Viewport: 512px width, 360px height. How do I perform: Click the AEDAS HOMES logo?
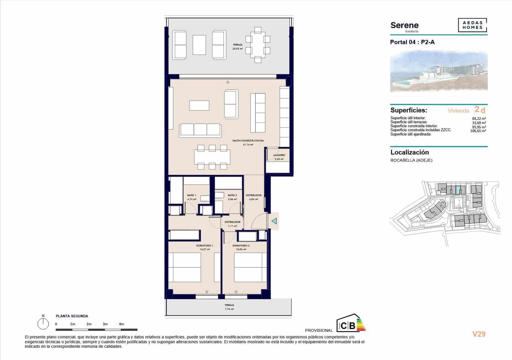tap(472, 25)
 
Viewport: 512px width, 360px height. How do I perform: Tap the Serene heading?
tap(404, 26)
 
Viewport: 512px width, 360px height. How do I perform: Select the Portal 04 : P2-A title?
tap(412, 42)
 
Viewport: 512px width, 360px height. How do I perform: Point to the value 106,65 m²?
tap(478, 131)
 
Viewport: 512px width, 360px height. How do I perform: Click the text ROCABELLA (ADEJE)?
tap(411, 160)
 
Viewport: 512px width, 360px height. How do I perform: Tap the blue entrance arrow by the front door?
tap(274, 221)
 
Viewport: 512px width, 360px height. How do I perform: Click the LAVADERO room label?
tap(279, 155)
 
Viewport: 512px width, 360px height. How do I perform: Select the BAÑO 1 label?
tap(191, 195)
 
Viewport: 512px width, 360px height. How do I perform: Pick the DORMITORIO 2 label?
tap(241, 246)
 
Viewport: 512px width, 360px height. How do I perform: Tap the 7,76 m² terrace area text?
tap(229, 309)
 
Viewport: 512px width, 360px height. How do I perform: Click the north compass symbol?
tap(43, 324)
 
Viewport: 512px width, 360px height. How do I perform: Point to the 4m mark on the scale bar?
tap(121, 324)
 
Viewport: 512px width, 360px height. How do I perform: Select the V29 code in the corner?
tap(479, 334)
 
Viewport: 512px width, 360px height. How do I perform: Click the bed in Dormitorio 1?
tap(185, 267)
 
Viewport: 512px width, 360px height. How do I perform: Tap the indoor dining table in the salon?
tap(212, 157)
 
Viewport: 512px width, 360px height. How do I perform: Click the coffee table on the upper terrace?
tap(199, 45)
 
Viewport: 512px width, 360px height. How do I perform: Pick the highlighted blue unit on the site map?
tap(459, 190)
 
